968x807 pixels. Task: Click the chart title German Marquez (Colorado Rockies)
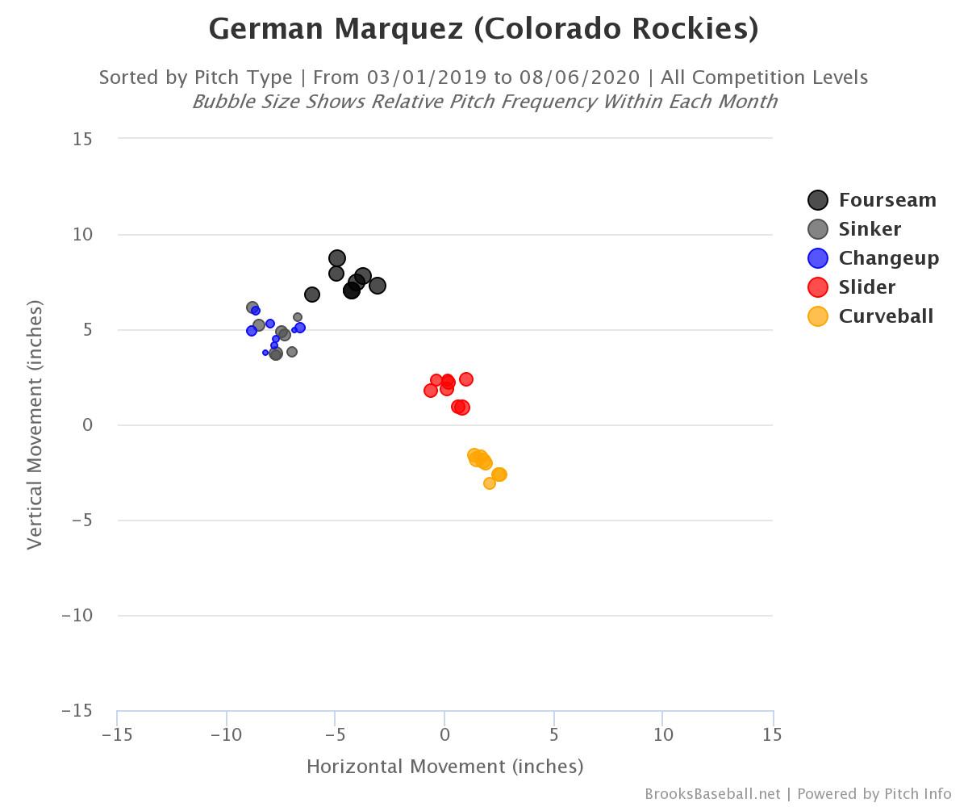pos(483,29)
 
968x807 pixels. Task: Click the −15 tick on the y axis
pos(77,710)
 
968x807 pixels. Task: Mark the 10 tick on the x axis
pos(663,734)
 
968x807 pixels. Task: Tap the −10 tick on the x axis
pos(226,734)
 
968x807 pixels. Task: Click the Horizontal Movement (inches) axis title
pos(444,766)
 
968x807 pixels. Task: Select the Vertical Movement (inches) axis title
pos(34,424)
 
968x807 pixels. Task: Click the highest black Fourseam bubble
pos(337,258)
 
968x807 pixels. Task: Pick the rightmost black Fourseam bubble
pos(377,286)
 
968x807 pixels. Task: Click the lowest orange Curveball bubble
pos(490,483)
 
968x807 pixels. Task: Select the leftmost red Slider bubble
pos(431,391)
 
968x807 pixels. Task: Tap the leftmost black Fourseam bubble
pos(312,295)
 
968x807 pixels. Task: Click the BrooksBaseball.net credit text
pos(712,794)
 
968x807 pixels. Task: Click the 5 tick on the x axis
pos(554,734)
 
